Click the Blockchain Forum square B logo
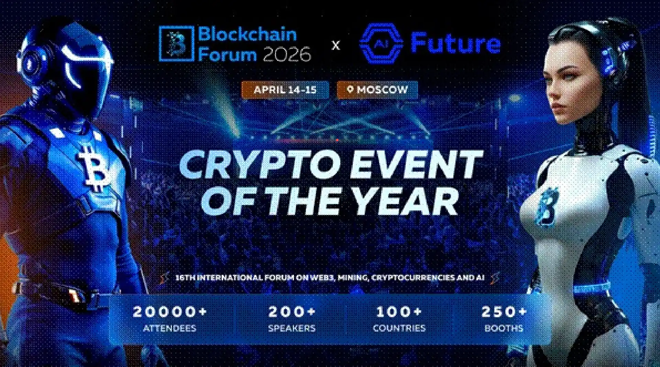point(176,44)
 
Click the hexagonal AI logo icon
point(381,43)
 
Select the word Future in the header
point(455,43)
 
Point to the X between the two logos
point(335,45)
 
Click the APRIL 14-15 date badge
point(285,90)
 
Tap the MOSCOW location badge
point(377,90)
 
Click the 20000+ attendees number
point(169,312)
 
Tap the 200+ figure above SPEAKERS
point(291,312)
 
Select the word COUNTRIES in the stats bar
point(399,328)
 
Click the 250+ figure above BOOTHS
point(504,312)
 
